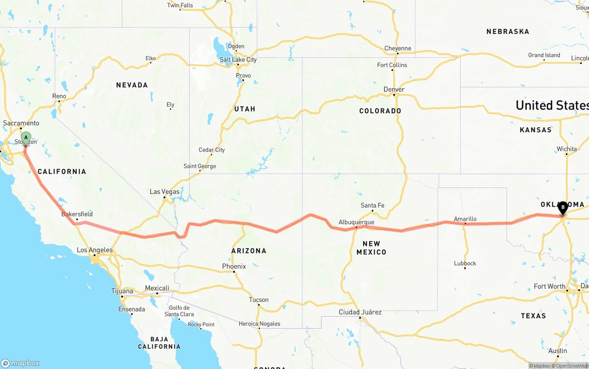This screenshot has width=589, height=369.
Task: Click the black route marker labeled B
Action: pos(563,207)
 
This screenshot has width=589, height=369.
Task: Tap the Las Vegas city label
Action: pos(164,192)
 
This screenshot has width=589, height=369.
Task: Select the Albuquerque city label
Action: pos(356,222)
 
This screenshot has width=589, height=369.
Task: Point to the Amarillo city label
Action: pos(465,219)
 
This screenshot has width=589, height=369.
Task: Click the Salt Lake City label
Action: pos(238,60)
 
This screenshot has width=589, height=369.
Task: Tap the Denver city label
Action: pos(394,89)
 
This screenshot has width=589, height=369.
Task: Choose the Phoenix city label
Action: pos(234,266)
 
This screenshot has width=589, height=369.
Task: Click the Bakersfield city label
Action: pos(77,214)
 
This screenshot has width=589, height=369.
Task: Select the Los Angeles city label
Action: pos(94,250)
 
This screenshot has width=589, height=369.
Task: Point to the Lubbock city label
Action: pos(465,263)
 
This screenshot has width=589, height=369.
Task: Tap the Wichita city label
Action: pos(566,149)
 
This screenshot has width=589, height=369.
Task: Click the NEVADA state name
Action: pos(132,85)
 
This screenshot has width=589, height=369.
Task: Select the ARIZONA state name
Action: pos(249,251)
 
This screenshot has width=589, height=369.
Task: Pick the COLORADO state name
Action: pos(380,111)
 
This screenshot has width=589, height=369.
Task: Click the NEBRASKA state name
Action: pos(508,32)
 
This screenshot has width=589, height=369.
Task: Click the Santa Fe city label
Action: pos(372,205)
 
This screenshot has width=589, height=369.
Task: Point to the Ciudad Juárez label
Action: pos(360,312)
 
